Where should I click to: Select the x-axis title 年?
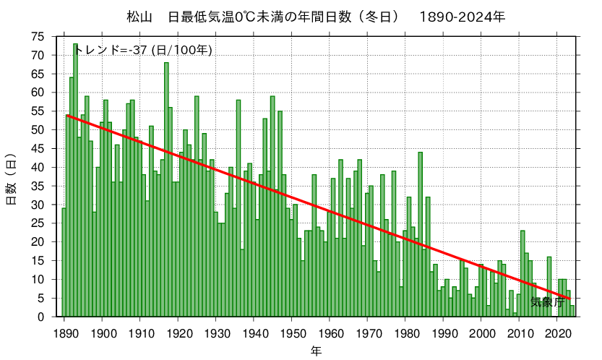pos(317,351)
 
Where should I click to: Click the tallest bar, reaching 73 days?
pos(75,181)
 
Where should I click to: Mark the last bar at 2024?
pos(572,311)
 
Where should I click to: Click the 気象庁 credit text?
pos(547,302)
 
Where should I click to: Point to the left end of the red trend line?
pos(67,115)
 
